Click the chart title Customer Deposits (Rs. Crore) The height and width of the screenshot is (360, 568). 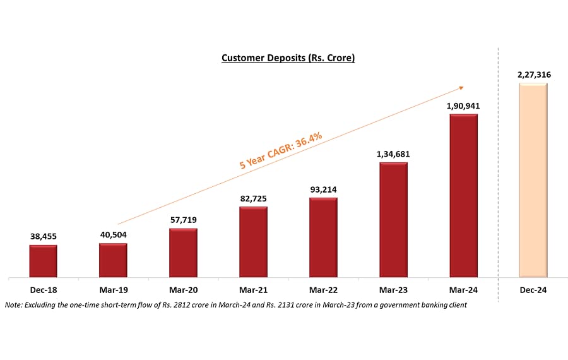tap(288, 58)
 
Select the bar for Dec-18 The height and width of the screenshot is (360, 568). tap(43, 261)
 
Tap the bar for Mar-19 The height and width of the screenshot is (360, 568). tap(113, 260)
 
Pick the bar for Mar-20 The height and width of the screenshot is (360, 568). tap(183, 253)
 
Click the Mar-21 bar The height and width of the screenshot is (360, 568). tap(253, 242)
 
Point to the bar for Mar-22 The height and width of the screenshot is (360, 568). tap(323, 237)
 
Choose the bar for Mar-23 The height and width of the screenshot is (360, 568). tap(393, 220)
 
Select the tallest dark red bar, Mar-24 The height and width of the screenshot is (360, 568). tap(463, 196)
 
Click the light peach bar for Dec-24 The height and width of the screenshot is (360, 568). tap(533, 180)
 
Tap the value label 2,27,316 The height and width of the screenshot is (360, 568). tap(533, 75)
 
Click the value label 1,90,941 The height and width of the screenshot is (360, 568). tap(463, 106)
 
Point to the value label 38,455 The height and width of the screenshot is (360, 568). tap(43, 236)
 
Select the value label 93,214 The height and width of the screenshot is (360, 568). tap(323, 189)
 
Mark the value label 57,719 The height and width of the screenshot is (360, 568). tap(183, 219)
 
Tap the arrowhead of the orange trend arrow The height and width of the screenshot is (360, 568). tap(463, 88)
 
